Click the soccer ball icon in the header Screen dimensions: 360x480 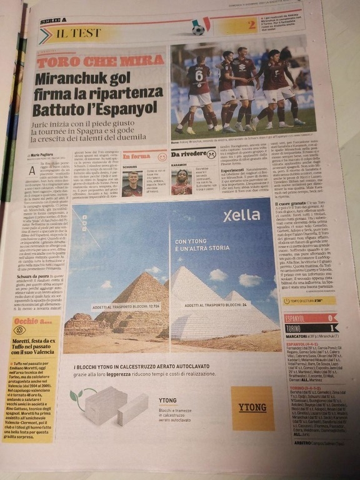tap(198, 29)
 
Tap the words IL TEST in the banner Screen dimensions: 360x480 tap(79, 33)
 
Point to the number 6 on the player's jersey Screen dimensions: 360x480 tap(198, 76)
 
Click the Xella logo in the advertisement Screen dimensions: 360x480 tap(242, 216)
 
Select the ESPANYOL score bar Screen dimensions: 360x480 tap(311, 317)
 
